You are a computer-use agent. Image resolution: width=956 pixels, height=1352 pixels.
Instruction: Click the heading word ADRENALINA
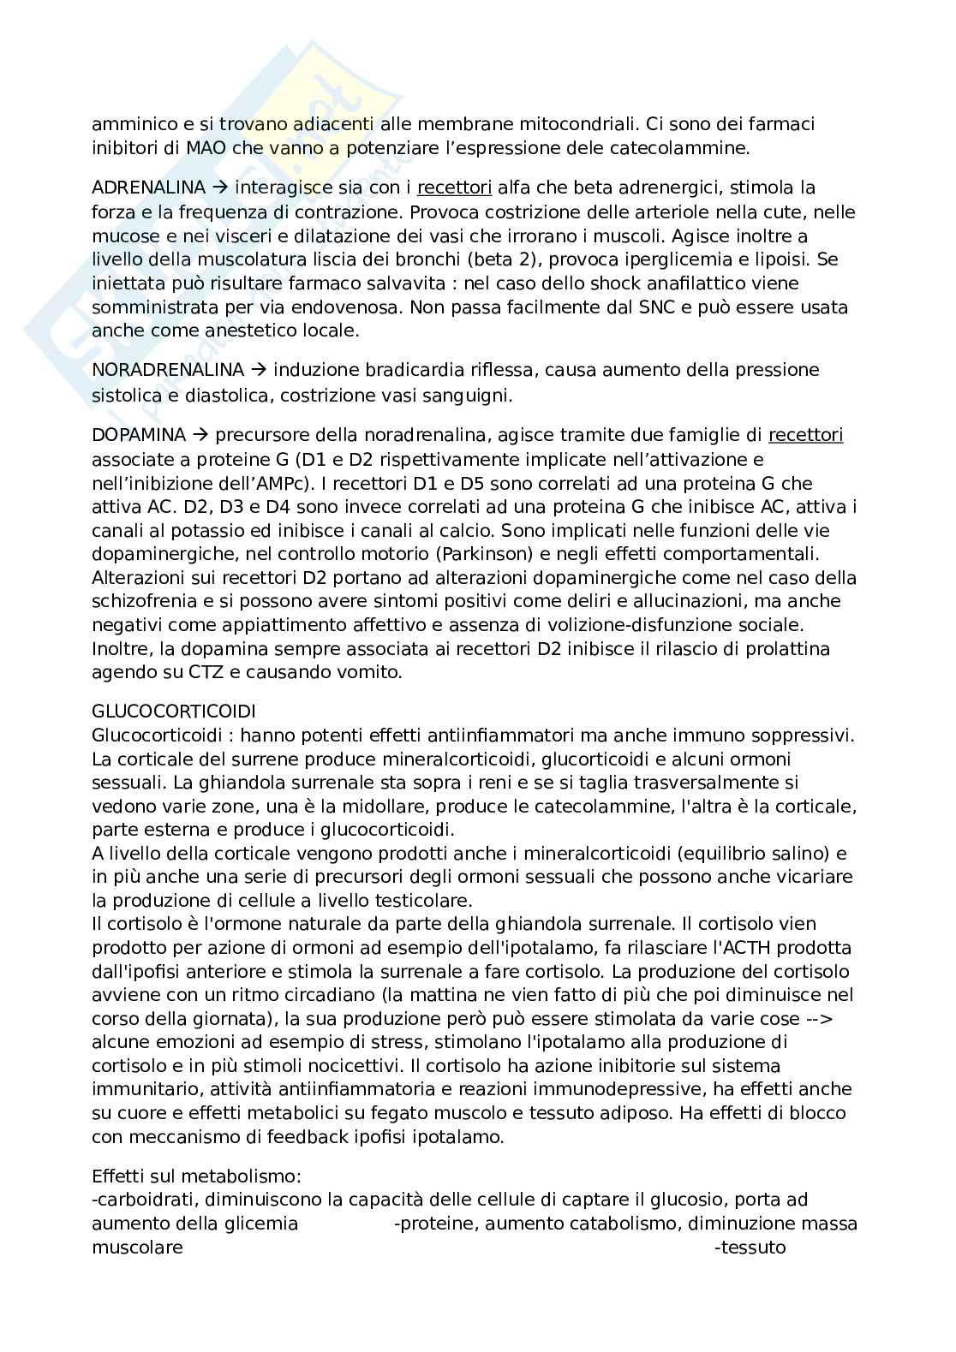pyautogui.click(x=148, y=188)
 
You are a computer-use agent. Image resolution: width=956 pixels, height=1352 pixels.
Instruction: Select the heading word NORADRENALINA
pyautogui.click(x=168, y=370)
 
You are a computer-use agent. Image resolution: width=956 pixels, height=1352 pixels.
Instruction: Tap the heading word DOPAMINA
pyautogui.click(x=139, y=436)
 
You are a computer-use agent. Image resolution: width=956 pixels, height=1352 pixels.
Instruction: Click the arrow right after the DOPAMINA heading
pyautogui.click(x=198, y=436)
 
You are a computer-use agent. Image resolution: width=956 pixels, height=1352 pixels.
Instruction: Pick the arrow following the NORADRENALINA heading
pyautogui.click(x=257, y=370)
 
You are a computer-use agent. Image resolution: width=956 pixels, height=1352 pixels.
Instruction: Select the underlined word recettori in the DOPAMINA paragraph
pyautogui.click(x=805, y=436)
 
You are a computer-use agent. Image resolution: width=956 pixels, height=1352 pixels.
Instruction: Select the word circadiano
pyautogui.click(x=262, y=996)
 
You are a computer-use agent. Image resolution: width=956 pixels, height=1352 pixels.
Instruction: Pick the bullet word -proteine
pyautogui.click(x=435, y=1224)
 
